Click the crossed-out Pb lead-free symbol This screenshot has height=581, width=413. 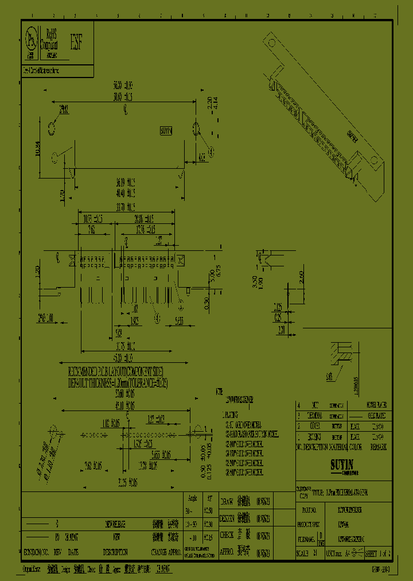pyautogui.click(x=30, y=38)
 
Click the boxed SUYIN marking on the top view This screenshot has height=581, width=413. pyautogui.click(x=166, y=131)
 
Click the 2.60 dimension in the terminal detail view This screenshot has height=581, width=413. pyautogui.click(x=302, y=278)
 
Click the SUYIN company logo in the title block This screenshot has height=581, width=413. pyautogui.click(x=344, y=463)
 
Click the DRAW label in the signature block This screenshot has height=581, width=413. pyautogui.click(x=228, y=500)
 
